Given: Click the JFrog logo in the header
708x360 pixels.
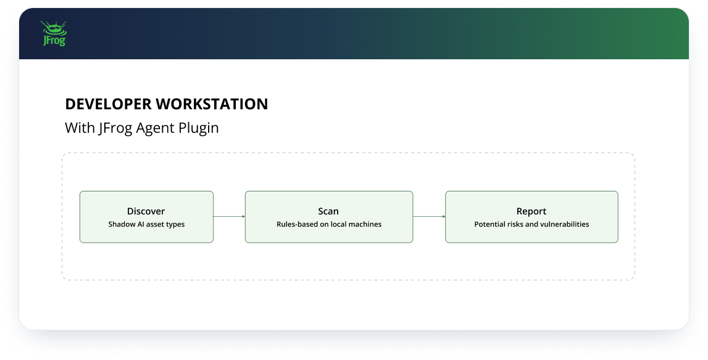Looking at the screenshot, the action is tap(53, 33).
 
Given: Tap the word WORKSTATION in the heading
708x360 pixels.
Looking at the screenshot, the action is tap(212, 104).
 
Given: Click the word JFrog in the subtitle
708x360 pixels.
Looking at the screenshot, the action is tap(115, 128).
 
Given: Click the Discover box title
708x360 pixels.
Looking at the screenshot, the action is tap(146, 211).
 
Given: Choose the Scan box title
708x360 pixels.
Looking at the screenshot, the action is tap(328, 211).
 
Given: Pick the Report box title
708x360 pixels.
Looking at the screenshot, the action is tap(531, 212).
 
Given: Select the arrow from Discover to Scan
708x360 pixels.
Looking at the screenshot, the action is tap(229, 217).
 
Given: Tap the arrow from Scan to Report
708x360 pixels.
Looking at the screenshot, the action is tap(429, 217).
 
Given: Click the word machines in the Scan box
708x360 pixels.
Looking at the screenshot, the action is tap(364, 224).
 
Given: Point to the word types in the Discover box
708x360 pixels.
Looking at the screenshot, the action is tap(175, 225).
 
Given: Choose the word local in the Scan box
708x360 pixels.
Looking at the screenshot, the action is tap(338, 224).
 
